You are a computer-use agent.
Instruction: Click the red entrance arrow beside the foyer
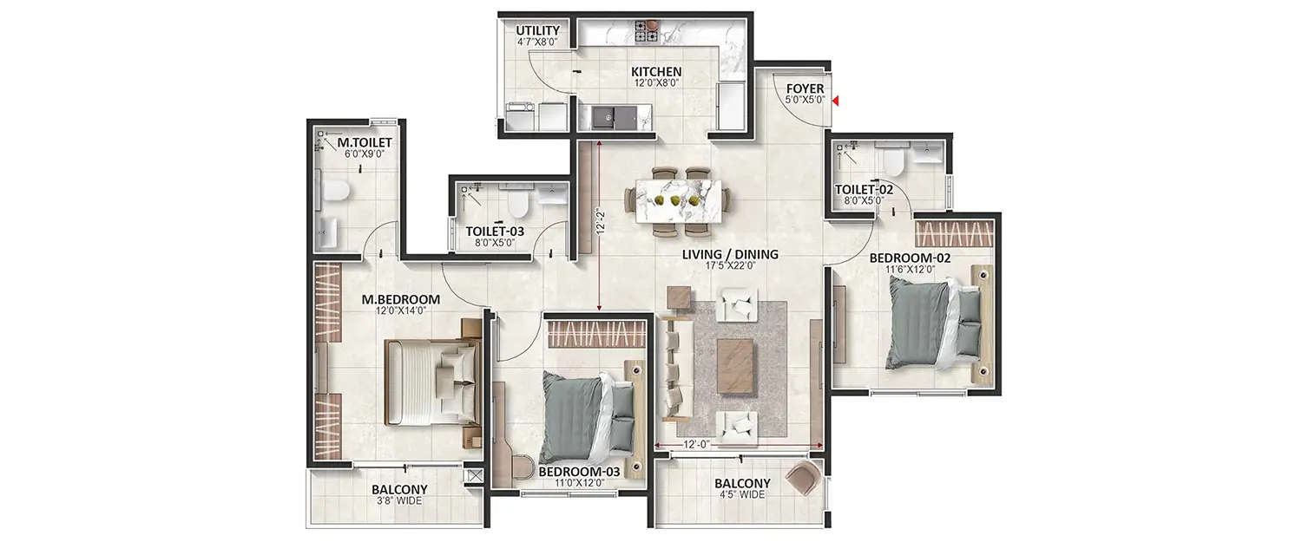[835, 101]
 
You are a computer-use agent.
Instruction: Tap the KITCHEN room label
[655, 72]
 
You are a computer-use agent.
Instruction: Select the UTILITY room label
[537, 31]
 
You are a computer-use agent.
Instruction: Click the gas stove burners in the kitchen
[647, 31]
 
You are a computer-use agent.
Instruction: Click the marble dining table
[679, 200]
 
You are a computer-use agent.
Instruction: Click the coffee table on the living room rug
[736, 356]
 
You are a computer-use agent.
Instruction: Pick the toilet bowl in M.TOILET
[336, 191]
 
